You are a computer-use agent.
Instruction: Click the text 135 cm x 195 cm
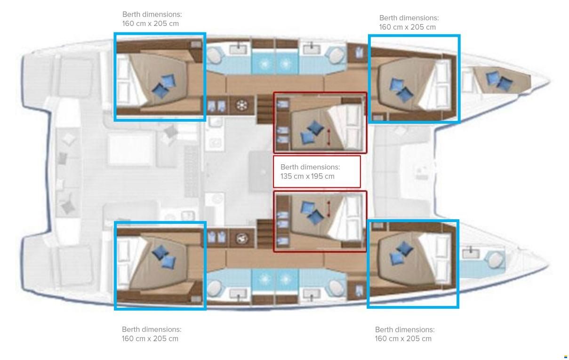coord(307,176)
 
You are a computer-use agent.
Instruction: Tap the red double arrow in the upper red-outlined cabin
coord(329,137)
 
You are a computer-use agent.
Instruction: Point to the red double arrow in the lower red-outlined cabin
coord(329,209)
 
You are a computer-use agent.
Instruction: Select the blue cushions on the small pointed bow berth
coord(499,81)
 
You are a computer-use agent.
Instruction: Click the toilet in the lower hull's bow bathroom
coord(495,259)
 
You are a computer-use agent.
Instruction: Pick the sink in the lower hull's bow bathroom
coord(471,253)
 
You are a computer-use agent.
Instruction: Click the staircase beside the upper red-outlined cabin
coord(265,109)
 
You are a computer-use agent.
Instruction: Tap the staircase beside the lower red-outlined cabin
coord(265,234)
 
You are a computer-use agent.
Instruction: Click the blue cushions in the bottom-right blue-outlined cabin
coord(401,253)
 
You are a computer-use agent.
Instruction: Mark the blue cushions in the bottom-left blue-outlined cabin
coord(164,256)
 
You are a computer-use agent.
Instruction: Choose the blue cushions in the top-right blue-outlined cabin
coord(401,90)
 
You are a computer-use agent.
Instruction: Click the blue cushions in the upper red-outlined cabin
coord(312,132)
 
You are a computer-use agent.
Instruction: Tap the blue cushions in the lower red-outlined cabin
coord(312,213)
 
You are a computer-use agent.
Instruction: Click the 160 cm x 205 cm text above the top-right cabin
coord(408,27)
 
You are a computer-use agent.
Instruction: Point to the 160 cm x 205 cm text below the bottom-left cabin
coord(150,339)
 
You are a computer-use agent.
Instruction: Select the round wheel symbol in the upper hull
coord(241,105)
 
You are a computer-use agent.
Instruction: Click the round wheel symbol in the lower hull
coord(241,239)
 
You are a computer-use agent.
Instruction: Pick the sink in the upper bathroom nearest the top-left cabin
coord(238,48)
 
